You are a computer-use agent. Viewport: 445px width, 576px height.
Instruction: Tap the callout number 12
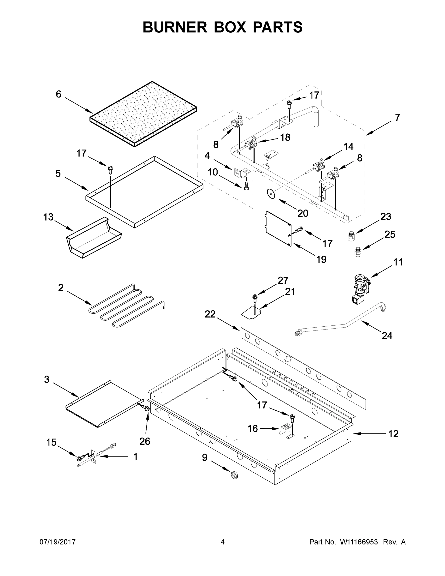point(393,434)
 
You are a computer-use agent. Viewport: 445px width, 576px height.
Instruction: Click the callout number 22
point(210,314)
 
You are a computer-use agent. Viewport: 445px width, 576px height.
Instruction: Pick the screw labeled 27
point(255,298)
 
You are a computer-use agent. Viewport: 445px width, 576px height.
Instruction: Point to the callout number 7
point(397,117)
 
